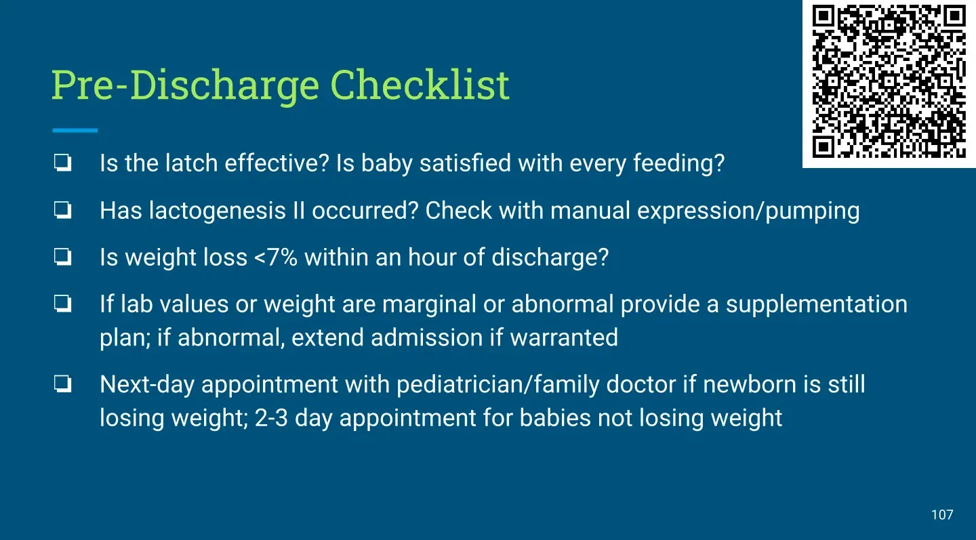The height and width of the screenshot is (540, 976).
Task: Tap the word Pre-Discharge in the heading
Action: click(186, 87)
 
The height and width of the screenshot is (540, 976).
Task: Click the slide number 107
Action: click(942, 515)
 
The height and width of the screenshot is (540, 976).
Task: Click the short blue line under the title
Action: click(75, 130)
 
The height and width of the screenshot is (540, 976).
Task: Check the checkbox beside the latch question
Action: click(63, 163)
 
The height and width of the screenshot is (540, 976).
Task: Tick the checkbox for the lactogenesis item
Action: click(63, 209)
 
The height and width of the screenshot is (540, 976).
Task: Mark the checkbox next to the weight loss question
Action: click(63, 257)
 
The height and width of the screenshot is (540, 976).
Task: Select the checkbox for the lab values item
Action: click(63, 304)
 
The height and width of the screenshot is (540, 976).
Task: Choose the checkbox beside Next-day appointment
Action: click(63, 383)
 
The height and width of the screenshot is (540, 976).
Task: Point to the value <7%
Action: click(276, 257)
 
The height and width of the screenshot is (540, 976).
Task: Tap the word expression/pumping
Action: click(748, 211)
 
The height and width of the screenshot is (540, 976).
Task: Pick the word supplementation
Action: click(817, 304)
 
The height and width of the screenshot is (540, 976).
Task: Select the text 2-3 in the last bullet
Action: click(271, 418)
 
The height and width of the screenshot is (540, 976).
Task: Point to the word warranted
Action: click(564, 337)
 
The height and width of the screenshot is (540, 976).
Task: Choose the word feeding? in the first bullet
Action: click(679, 164)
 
